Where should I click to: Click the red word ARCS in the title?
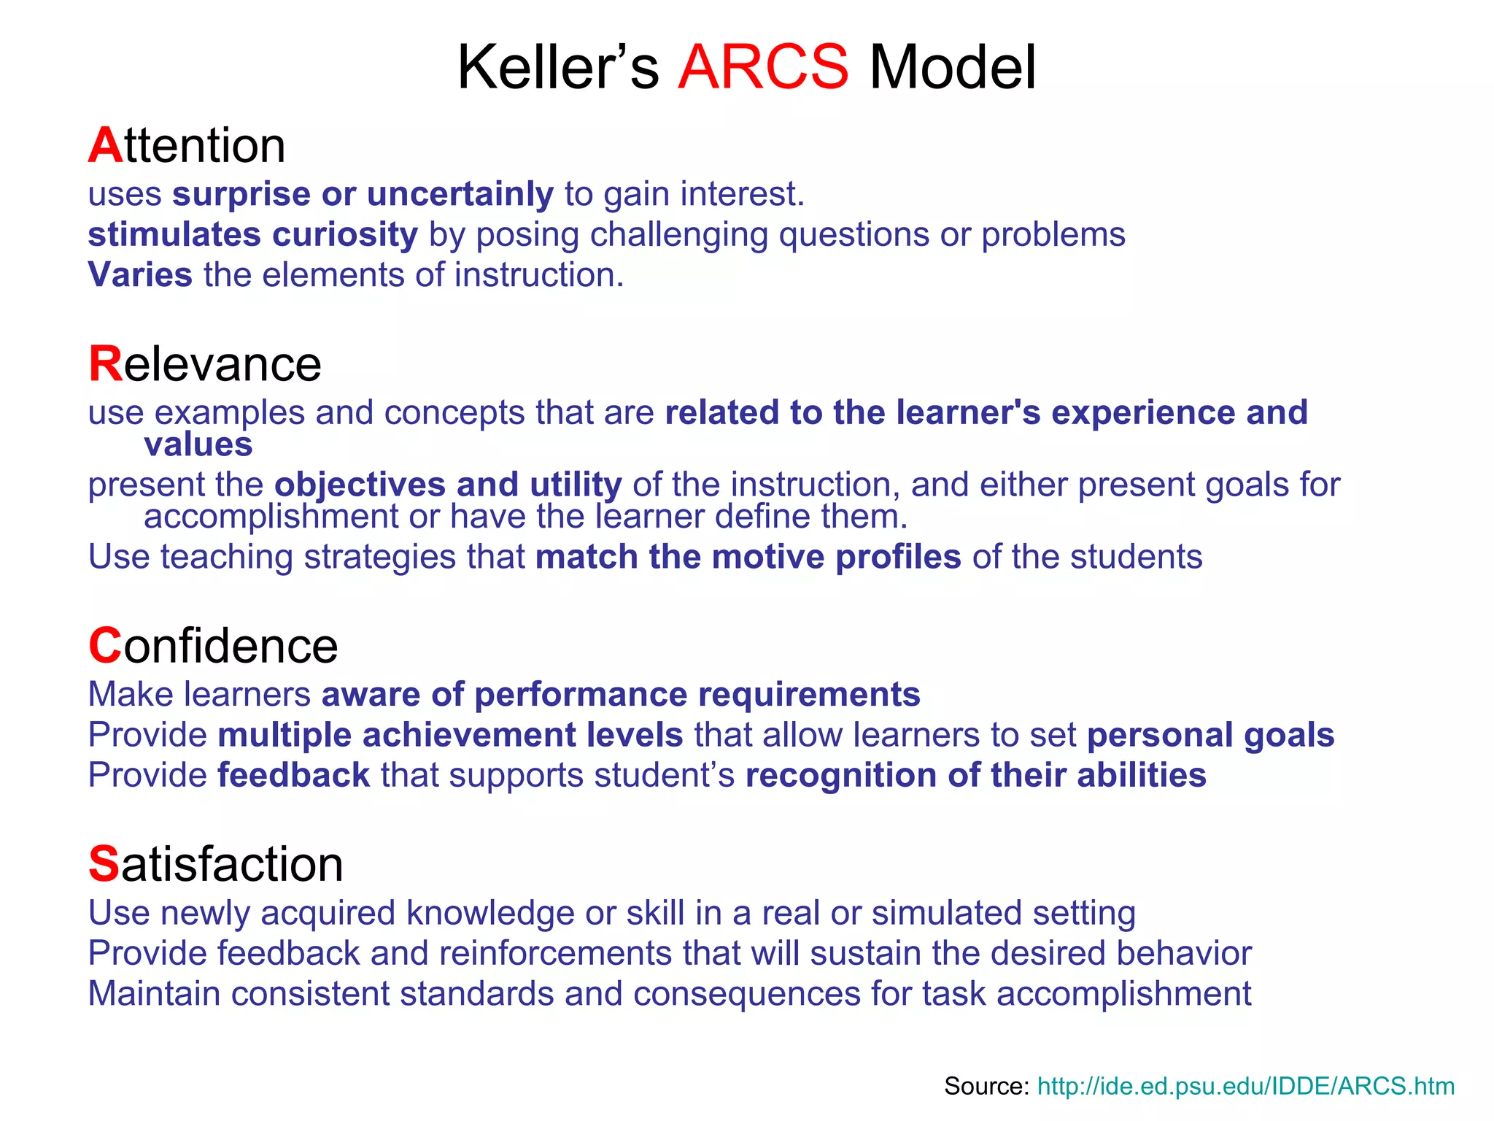click(x=763, y=67)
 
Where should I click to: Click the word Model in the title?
click(x=952, y=67)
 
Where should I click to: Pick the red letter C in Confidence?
click(x=105, y=646)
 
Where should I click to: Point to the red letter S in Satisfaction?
click(x=104, y=864)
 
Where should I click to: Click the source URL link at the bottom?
click(x=1245, y=1086)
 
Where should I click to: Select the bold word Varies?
click(x=140, y=275)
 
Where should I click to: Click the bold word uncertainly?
click(x=460, y=194)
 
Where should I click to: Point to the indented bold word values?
click(x=198, y=444)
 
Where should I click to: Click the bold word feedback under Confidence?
click(x=293, y=775)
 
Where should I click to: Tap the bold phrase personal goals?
click(x=1210, y=735)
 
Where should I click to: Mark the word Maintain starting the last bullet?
click(x=154, y=994)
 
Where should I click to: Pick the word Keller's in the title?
click(x=557, y=67)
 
